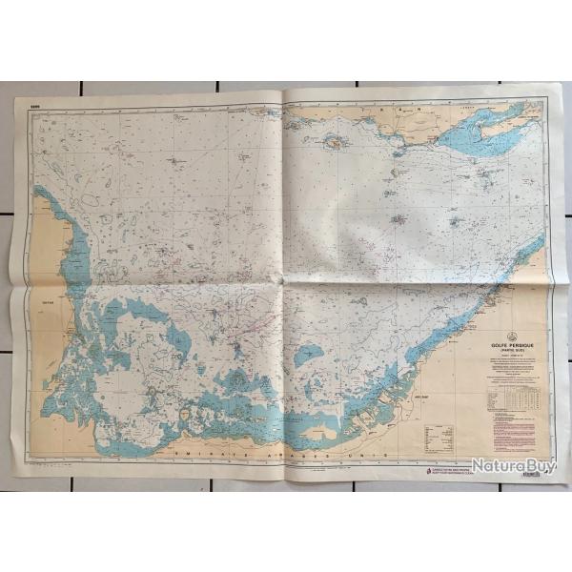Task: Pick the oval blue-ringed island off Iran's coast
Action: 336,144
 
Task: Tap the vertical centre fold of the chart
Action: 286,286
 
